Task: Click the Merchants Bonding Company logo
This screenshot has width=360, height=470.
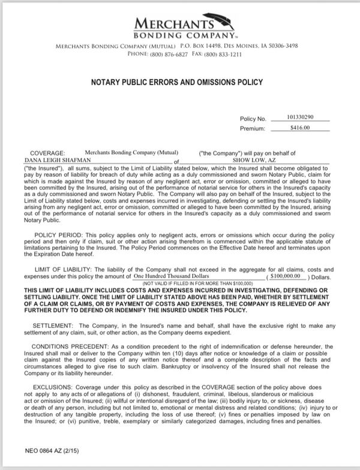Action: [179, 28]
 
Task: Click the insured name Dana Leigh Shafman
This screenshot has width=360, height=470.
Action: [49, 161]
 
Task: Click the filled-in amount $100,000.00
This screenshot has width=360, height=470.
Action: [286, 276]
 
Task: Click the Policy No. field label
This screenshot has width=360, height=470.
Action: [253, 119]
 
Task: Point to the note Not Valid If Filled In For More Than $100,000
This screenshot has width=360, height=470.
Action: [187, 282]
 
